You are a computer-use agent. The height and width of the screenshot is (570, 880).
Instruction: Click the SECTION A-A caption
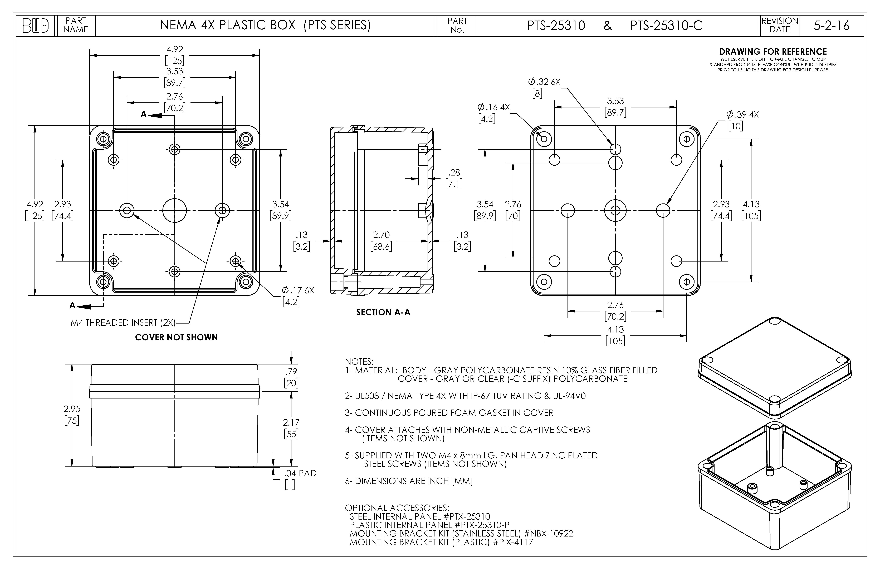coord(383,312)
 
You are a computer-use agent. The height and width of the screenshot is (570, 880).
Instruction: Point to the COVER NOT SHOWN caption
coord(176,337)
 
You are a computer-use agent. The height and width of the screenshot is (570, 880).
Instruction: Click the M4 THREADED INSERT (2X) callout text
coord(123,323)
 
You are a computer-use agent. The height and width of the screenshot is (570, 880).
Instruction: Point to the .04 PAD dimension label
coord(300,473)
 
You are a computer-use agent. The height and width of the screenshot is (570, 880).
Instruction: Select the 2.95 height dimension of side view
coord(72,409)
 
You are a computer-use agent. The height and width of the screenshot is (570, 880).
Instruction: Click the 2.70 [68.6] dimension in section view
coord(381,241)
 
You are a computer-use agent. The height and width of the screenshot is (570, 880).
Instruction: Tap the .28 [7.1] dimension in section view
coord(454,178)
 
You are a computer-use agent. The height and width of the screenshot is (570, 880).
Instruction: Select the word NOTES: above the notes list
coord(359,362)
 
